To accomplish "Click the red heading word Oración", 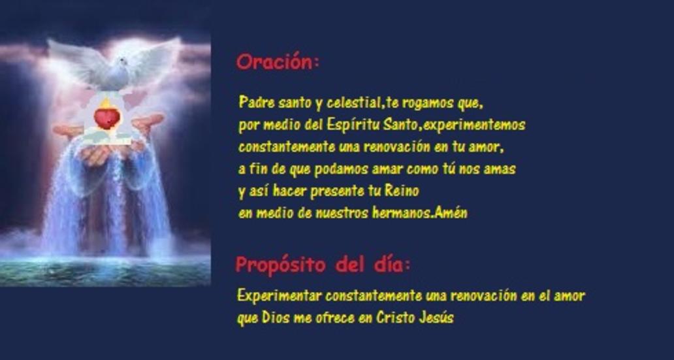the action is pyautogui.click(x=275, y=62).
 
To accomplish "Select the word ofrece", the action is pyautogui.click(x=332, y=318).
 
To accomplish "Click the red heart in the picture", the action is pyautogui.click(x=107, y=118).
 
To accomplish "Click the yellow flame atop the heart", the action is pyautogui.click(x=106, y=104).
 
